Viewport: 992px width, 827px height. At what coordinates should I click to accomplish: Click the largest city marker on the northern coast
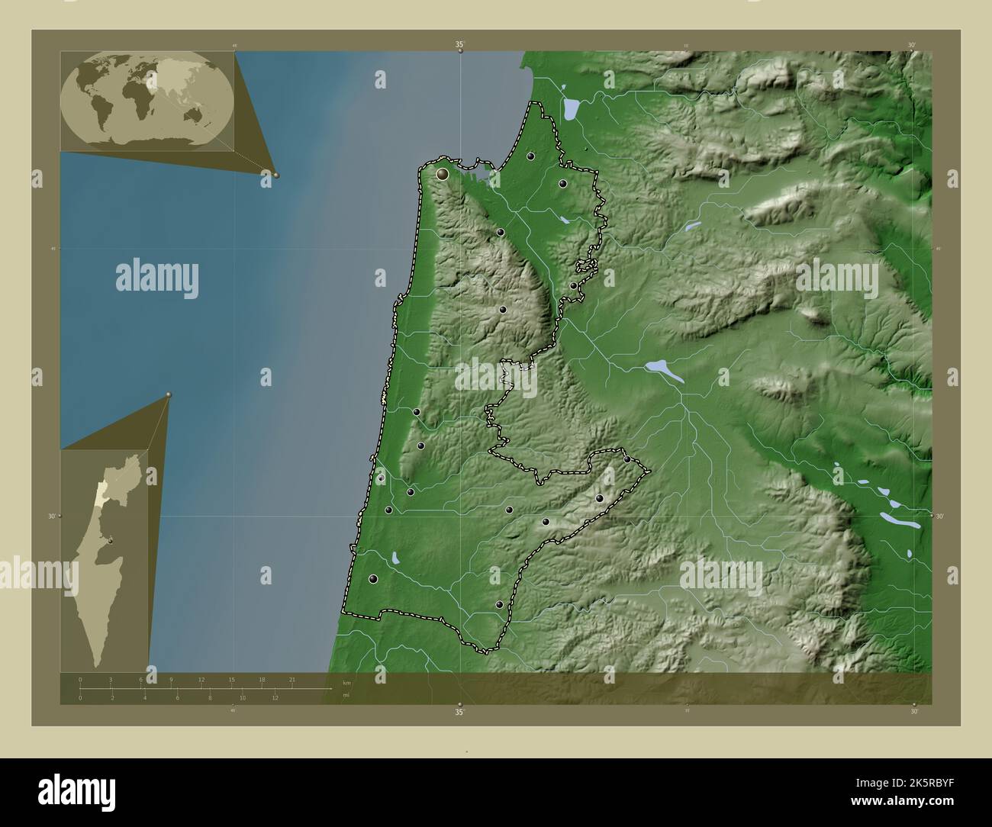(x=442, y=174)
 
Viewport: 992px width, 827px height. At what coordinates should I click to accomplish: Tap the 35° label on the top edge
(x=460, y=45)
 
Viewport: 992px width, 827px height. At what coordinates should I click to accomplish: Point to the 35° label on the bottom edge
(x=459, y=712)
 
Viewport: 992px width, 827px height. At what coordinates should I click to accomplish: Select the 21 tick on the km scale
(x=292, y=679)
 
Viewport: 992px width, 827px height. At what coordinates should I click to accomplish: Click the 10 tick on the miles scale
(x=242, y=697)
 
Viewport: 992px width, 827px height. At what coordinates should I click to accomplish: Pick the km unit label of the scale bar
(x=346, y=682)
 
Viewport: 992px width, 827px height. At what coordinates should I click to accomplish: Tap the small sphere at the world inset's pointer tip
(x=276, y=175)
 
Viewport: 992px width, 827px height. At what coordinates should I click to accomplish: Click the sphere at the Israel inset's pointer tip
(x=169, y=394)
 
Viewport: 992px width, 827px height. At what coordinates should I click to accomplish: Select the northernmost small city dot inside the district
(x=530, y=156)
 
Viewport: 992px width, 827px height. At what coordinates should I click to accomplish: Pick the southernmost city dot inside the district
(x=499, y=604)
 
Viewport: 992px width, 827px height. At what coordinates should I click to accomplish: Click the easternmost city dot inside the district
(x=627, y=459)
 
